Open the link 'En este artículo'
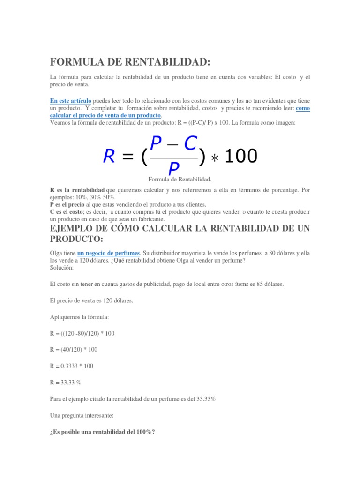pyautogui.click(x=71, y=101)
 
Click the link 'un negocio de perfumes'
pyautogui.click(x=108, y=253)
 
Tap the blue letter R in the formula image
pyautogui.click(x=110, y=157)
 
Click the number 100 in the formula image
pyautogui.click(x=241, y=157)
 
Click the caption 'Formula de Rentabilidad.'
pyautogui.click(x=180, y=180)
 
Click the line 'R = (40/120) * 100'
pyautogui.click(x=74, y=350)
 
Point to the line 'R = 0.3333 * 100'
pyautogui.click(x=74, y=366)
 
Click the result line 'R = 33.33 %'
pyautogui.click(x=66, y=382)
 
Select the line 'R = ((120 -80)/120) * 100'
pyautogui.click(x=82, y=333)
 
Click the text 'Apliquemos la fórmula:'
pyautogui.click(x=79, y=317)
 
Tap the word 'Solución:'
pyautogui.click(x=62, y=268)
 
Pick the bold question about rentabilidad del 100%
pyautogui.click(x=103, y=432)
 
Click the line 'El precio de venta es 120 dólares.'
pyautogui.click(x=91, y=300)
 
